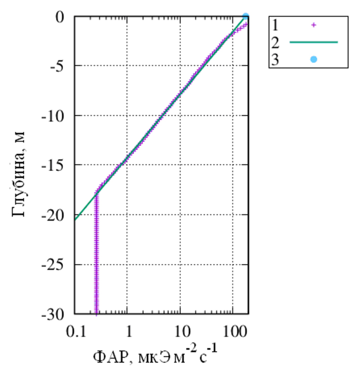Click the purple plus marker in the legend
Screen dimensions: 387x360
(314, 24)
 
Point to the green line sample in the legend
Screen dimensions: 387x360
(314, 42)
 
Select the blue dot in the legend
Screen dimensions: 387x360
(314, 60)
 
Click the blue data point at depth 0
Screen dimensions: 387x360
(246, 17)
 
